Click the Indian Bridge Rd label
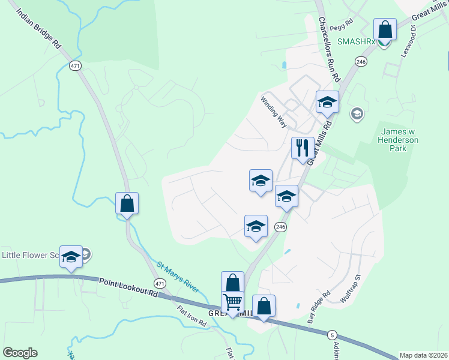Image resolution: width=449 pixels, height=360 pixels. (38, 28)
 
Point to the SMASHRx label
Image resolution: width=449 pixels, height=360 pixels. (355, 42)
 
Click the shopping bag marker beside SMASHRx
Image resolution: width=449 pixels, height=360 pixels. (385, 30)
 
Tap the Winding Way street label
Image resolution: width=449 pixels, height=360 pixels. (274, 110)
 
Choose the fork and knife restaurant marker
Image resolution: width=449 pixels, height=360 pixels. (302, 148)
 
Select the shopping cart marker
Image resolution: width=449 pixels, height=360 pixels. (232, 302)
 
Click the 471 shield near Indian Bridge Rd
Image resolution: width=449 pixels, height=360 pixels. (75, 65)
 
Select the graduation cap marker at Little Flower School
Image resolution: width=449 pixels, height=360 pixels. (71, 257)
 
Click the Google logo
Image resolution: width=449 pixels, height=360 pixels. (20, 353)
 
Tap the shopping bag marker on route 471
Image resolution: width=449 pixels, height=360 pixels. (127, 204)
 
